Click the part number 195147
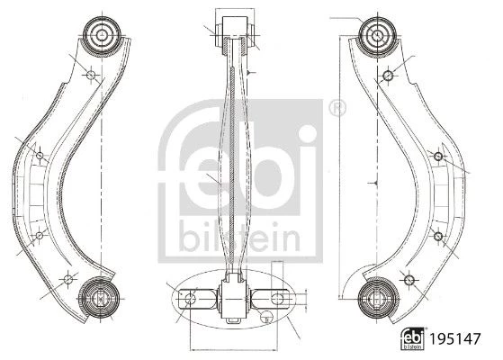coord(455,338)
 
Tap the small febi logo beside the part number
coord(412,338)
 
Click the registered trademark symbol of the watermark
coord(337,108)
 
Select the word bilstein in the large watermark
coord(239,237)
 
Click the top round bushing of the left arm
coord(102,34)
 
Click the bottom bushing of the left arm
coord(100,298)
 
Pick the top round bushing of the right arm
coord(378,34)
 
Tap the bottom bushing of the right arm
coord(378,298)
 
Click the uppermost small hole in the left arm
coord(91,75)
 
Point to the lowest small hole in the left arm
coord(68,279)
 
